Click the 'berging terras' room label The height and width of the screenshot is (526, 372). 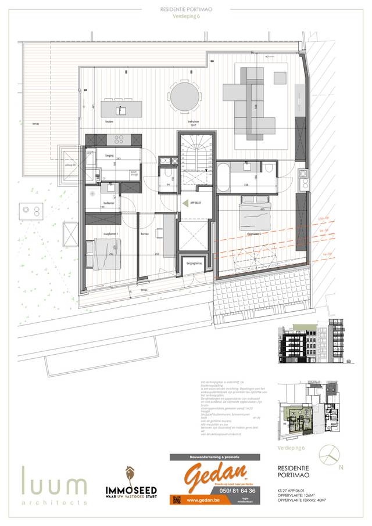(194, 263)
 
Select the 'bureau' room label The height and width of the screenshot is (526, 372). (144, 233)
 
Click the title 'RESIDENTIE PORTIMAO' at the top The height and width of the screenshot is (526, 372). (185, 10)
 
